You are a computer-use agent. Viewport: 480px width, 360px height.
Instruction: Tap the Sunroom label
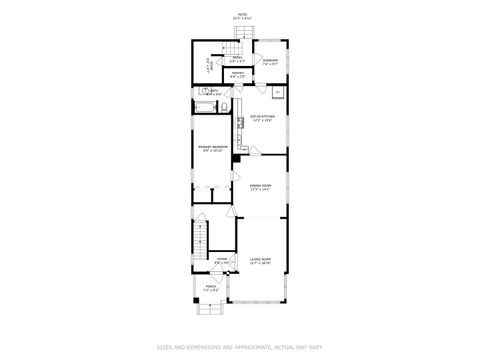pyautogui.click(x=270, y=61)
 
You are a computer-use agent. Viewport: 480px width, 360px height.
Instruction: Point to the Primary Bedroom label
pyautogui.click(x=214, y=149)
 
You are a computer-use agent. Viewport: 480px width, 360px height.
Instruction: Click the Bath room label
pyautogui.click(x=213, y=93)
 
